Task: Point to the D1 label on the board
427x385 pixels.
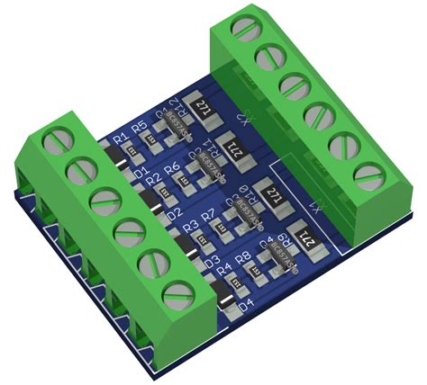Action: pos(140,172)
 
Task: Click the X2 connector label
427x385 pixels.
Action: pos(242,118)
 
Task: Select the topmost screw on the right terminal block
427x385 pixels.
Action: pos(245,30)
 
